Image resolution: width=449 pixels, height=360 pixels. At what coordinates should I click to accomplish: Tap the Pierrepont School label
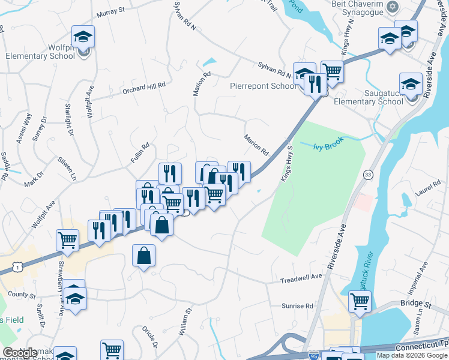pos(263,86)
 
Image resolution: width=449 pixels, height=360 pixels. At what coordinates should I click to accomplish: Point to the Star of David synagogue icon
pos(393,7)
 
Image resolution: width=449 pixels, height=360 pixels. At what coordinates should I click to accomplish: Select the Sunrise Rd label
pos(298,306)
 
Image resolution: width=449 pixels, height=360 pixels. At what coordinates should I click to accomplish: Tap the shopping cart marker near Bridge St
pos(360,301)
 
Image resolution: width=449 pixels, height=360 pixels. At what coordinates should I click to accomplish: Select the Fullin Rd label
pos(140,154)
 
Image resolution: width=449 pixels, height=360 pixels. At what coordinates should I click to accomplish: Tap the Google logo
pos(20,353)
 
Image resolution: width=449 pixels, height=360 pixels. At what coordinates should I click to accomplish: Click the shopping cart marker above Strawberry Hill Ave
pos(67,240)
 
